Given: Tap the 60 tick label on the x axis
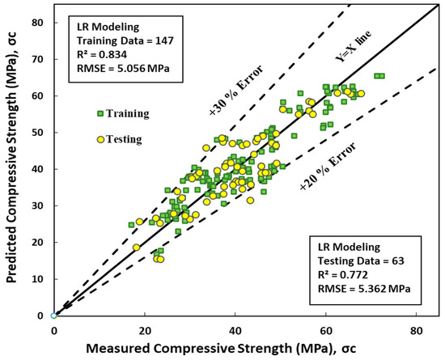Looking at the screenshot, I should [326, 329].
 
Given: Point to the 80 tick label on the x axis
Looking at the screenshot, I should [417, 329].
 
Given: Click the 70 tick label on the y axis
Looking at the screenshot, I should [37, 59].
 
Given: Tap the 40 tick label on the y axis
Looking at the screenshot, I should [37, 169].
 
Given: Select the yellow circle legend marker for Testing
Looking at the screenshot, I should [100, 139].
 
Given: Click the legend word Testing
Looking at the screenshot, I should [125, 139].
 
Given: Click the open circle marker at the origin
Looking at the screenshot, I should [53, 316].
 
